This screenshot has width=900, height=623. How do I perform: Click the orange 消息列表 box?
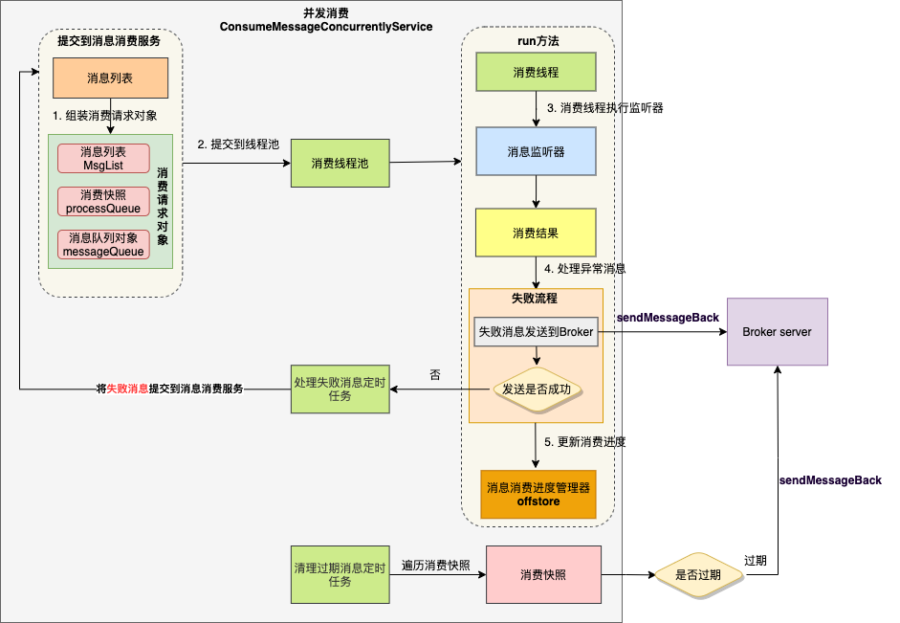[110, 78]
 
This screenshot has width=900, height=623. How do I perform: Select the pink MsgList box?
[103, 159]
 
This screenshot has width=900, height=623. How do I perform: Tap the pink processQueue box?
[103, 202]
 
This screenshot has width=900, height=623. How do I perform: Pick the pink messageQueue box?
[103, 245]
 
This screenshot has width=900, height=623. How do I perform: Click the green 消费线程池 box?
[340, 164]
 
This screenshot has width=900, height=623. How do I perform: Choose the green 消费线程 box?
[536, 73]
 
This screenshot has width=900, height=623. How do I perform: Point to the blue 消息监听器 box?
[536, 151]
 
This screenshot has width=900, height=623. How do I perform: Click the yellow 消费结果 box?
[536, 233]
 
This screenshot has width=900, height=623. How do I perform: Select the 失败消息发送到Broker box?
[536, 332]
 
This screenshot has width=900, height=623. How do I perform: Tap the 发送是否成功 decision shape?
[537, 389]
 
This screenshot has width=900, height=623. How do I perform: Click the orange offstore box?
[538, 494]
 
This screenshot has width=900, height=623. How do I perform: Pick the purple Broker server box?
[777, 331]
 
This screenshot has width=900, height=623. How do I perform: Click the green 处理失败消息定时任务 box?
[340, 389]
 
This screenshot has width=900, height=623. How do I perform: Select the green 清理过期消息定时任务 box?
[340, 575]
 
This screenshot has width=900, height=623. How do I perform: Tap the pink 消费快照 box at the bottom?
[543, 575]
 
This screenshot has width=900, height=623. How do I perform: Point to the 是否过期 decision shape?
[699, 575]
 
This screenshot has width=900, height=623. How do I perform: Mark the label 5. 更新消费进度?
[585, 443]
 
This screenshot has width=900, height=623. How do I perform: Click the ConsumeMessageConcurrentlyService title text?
[326, 27]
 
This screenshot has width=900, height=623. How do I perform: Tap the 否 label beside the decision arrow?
[435, 376]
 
